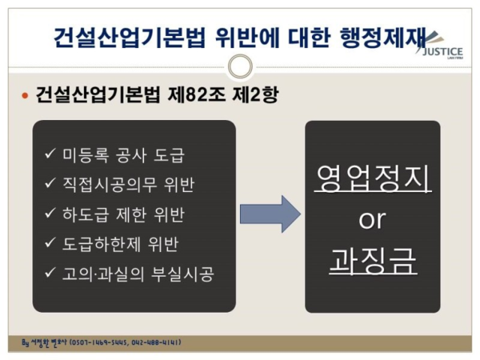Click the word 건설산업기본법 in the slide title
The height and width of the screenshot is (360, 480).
pos(128,37)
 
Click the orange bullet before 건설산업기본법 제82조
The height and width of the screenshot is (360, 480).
pos(24,97)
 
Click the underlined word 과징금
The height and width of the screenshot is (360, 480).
pos(372,262)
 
